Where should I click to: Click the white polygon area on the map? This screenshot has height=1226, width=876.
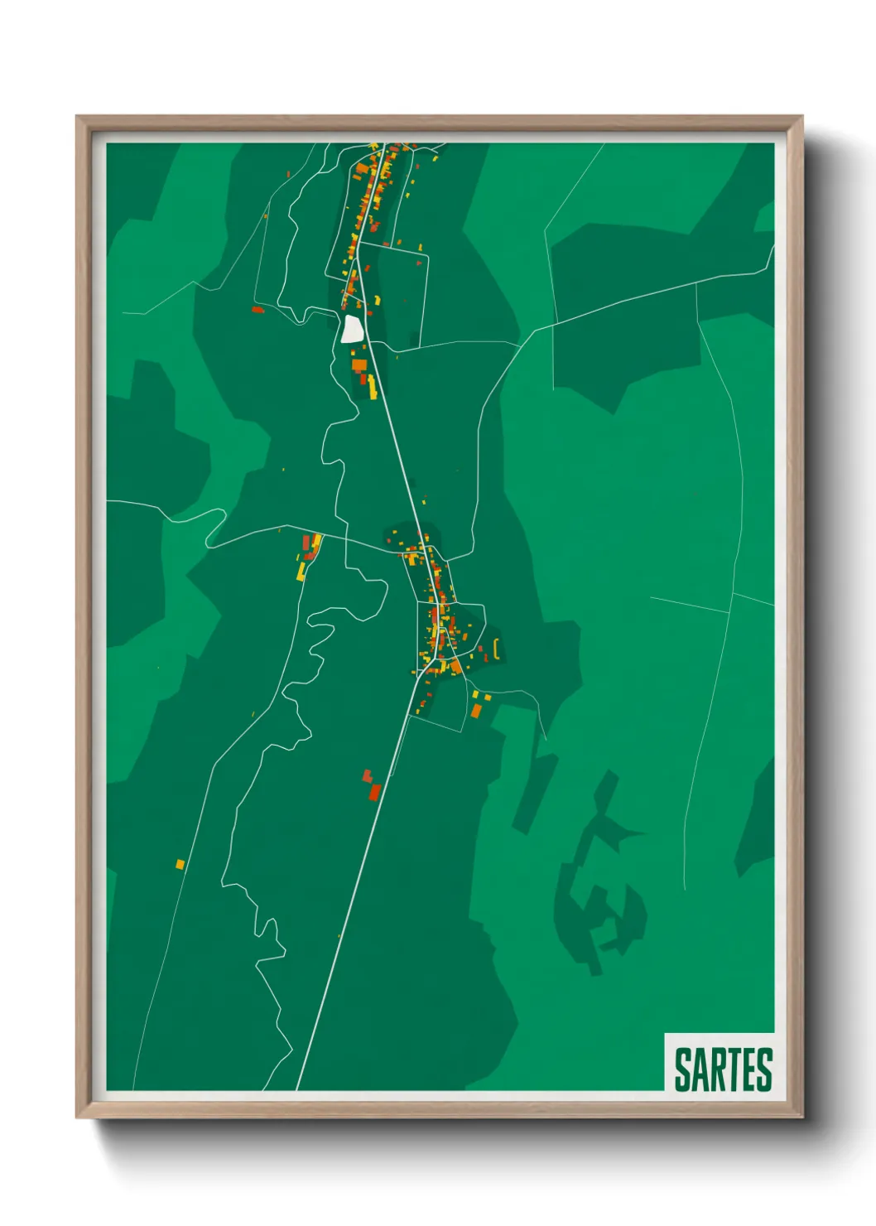[x=352, y=328]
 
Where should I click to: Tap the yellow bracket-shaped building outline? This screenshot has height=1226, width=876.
[x=495, y=649]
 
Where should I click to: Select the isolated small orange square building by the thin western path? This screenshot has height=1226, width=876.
[x=180, y=864]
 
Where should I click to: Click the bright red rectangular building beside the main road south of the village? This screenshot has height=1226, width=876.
[x=375, y=792]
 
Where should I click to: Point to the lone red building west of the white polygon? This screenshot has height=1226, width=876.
[x=258, y=310]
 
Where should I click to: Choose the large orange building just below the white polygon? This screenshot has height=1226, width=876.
[x=359, y=364]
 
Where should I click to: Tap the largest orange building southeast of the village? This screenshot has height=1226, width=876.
[x=475, y=710]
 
